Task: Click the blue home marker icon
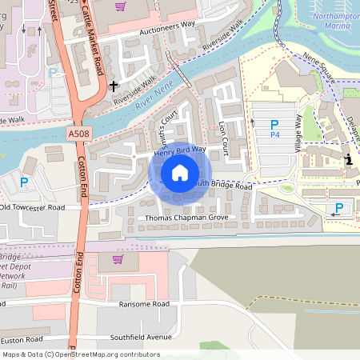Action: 180,173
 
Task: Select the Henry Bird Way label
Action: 179,149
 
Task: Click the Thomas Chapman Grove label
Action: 186,218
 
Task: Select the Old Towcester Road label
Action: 32,207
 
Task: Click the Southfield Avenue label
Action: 142,336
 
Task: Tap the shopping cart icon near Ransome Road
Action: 118,258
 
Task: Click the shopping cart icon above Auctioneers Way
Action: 121,6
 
